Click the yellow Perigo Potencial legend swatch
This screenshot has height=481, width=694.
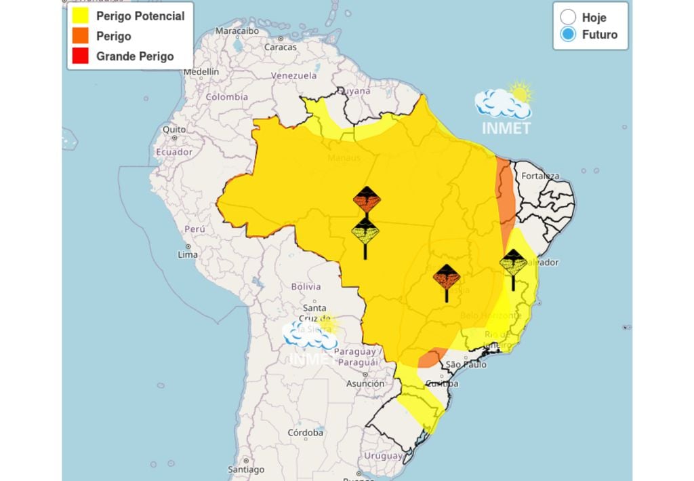pyautogui.click(x=80, y=16)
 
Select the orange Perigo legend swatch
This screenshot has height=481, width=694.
pyautogui.click(x=80, y=36)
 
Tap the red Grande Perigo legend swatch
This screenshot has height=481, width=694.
pyautogui.click(x=80, y=56)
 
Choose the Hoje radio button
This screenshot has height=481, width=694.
pyautogui.click(x=569, y=18)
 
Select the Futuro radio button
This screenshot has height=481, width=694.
pyautogui.click(x=569, y=35)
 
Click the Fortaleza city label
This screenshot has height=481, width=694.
pyautogui.click(x=540, y=176)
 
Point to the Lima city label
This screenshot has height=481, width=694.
pyautogui.click(x=188, y=254)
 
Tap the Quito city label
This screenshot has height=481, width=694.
pyautogui.click(x=173, y=129)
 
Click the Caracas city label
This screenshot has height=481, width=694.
pyautogui.click(x=280, y=47)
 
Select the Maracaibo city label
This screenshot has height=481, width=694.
pyautogui.click(x=238, y=31)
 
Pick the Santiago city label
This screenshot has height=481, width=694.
pyautogui.click(x=246, y=469)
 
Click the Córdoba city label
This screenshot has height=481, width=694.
pyautogui.click(x=305, y=432)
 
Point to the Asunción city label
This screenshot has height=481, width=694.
pyautogui.click(x=365, y=384)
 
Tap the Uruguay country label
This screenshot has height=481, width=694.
pyautogui.click(x=384, y=456)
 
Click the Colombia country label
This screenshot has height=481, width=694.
pyautogui.click(x=226, y=97)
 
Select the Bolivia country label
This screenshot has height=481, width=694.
pyautogui.click(x=306, y=286)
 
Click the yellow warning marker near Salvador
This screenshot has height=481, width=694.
pyautogui.click(x=513, y=262)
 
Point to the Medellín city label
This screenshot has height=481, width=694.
pyautogui.click(x=201, y=71)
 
